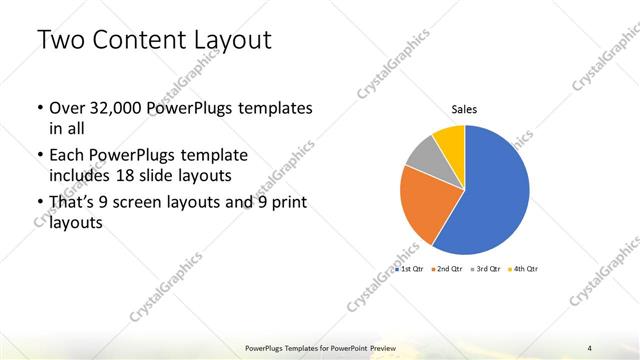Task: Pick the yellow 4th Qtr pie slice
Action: coord(451,139)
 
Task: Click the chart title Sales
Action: coord(464,109)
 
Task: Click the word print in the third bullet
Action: coord(286,204)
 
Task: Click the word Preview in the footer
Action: coord(384,347)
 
